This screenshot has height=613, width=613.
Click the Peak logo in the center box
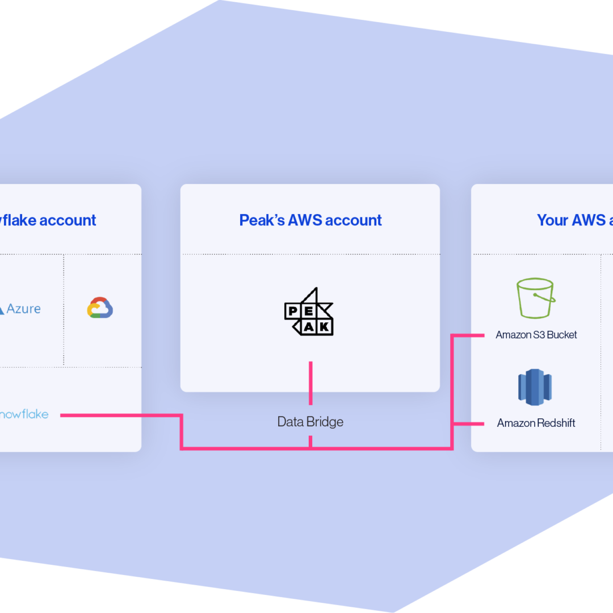(309, 312)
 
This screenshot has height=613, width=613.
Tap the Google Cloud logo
(100, 308)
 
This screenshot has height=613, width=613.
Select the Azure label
(23, 309)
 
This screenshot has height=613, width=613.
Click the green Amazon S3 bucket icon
(535, 298)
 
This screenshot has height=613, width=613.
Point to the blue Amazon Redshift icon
(535, 387)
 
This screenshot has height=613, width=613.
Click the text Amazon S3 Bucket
(536, 335)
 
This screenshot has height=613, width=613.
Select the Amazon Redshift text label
(536, 423)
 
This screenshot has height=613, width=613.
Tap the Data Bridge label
(310, 422)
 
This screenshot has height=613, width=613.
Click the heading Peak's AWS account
(310, 220)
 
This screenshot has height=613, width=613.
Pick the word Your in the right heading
(552, 220)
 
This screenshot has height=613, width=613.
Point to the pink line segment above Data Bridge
(310, 383)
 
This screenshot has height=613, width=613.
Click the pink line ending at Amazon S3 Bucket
(468, 335)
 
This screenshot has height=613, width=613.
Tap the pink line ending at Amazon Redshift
(469, 423)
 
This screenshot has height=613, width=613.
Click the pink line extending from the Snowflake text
(119, 415)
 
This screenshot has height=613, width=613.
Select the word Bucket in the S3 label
(562, 335)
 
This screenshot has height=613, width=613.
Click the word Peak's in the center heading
(262, 220)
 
